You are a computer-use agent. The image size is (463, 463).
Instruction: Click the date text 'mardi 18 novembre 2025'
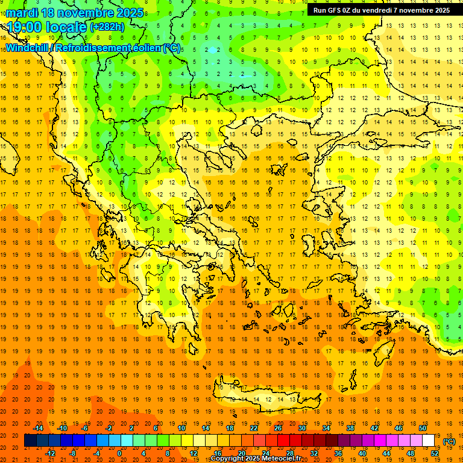coord(75,13)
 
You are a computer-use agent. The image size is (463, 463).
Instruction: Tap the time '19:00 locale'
coord(47,27)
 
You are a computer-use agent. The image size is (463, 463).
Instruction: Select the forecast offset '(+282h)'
coord(107,27)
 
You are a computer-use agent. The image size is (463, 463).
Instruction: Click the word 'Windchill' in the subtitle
coord(28,48)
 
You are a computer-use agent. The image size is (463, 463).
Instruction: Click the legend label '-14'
coord(38,428)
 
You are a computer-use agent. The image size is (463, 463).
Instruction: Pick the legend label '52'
coord(435,453)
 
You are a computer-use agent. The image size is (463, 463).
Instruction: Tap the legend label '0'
coord(119,453)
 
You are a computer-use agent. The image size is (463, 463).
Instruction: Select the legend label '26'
coord(278,428)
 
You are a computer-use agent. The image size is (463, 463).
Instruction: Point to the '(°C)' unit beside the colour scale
coord(449,441)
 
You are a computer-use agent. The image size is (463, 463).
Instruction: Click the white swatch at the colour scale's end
coord(429,441)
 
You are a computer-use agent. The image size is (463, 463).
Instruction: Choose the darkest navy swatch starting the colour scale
coord(30,441)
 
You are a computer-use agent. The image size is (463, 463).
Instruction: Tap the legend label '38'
coord(350,428)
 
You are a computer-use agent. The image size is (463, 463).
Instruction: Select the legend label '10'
coord(181,428)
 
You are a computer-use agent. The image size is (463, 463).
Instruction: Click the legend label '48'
coord(411,453)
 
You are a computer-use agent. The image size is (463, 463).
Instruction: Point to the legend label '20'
coord(242,453)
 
